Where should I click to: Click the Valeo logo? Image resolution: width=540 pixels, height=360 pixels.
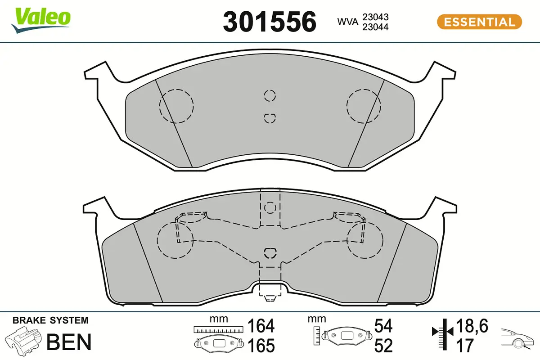click(41, 19)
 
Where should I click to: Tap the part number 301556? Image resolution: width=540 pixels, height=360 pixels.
click(270, 22)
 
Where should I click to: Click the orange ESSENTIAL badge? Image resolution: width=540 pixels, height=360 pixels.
click(479, 22)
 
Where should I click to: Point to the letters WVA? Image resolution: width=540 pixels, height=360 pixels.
click(347, 22)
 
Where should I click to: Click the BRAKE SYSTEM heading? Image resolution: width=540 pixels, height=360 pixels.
click(50, 321)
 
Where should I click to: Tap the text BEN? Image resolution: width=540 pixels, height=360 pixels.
click(69, 342)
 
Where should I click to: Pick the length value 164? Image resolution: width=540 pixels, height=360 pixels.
click(261, 326)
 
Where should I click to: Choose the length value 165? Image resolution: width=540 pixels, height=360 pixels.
click(261, 346)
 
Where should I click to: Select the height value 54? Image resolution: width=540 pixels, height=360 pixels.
click(383, 326)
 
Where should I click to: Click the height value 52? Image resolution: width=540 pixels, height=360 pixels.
click(383, 346)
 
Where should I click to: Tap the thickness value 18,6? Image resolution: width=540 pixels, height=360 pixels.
click(472, 325)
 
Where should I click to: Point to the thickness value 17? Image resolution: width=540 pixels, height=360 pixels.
click(465, 346)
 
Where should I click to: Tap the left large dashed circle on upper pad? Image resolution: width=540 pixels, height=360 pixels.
click(176, 106)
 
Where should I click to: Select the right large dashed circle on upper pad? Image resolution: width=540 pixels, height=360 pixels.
click(364, 106)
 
